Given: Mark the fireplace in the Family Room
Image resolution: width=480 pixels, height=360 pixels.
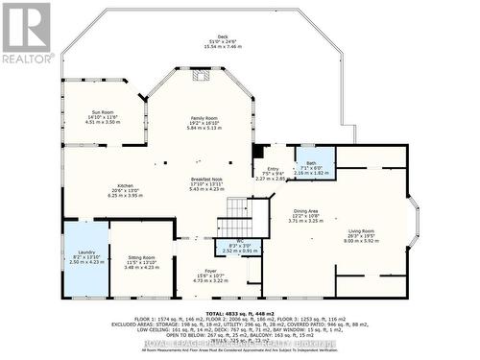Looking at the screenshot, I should pos(202,75).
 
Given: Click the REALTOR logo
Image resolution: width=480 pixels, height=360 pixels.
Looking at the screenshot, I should pos(26,33).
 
